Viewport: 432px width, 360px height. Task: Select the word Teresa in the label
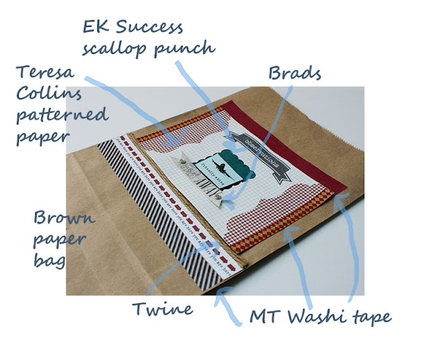(47, 70)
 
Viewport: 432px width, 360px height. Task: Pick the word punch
(190, 49)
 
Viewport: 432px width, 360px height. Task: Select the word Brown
(64, 219)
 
